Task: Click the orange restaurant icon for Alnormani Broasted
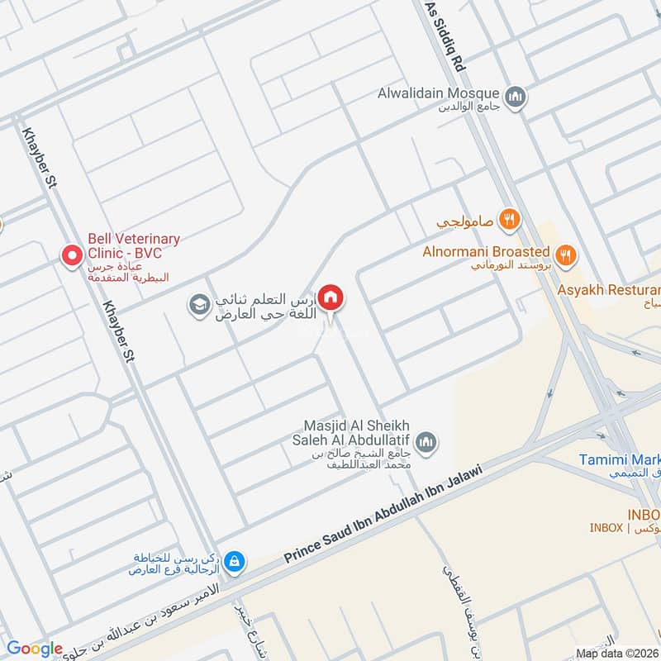(x=565, y=254)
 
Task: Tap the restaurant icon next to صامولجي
(x=510, y=221)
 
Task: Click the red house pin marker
(x=331, y=297)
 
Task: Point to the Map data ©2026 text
(x=617, y=653)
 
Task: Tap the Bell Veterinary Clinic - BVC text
(x=134, y=245)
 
